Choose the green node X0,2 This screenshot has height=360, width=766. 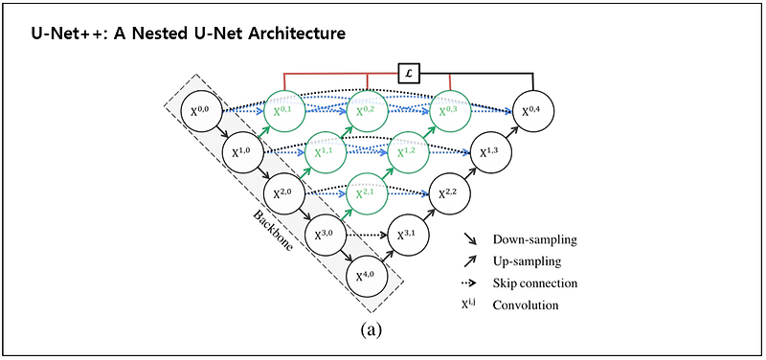[x=369, y=112]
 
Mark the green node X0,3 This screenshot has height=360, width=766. [x=450, y=112]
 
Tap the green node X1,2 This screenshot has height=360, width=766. [x=410, y=152]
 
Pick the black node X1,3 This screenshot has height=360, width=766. [x=491, y=152]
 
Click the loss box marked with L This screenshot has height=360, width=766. [x=410, y=71]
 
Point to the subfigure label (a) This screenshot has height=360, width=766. [x=371, y=330]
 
